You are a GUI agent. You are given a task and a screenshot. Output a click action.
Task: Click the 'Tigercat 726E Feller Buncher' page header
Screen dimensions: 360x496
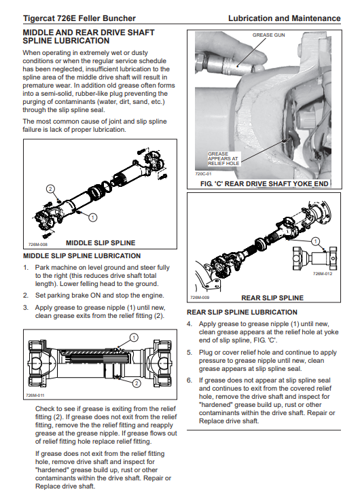pyautogui.click(x=79, y=18)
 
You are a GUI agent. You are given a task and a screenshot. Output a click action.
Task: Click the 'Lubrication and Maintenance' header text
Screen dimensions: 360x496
pyautogui.click(x=285, y=18)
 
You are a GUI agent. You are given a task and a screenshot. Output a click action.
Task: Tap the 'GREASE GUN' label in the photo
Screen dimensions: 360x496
pyautogui.click(x=268, y=35)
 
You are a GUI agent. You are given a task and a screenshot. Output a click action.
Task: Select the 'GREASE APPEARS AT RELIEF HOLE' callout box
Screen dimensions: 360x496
pyautogui.click(x=223, y=158)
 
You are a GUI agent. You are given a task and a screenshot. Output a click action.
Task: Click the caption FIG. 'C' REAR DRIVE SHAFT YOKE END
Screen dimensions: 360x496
pyautogui.click(x=264, y=183)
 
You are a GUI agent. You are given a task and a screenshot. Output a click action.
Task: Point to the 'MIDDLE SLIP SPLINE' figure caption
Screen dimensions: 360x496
pyautogui.click(x=101, y=243)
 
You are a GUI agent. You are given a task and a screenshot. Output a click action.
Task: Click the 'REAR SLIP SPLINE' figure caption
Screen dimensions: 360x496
pyautogui.click(x=272, y=298)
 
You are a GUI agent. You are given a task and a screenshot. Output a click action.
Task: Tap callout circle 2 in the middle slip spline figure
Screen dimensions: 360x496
pyautogui.click(x=50, y=189)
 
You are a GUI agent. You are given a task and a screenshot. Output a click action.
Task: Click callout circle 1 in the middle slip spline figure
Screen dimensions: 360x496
pyautogui.click(x=92, y=217)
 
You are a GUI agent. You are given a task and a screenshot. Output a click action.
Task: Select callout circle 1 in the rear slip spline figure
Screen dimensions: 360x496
pyautogui.click(x=315, y=242)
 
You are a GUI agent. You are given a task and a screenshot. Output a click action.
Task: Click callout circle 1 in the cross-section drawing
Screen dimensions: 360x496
pyautogui.click(x=134, y=338)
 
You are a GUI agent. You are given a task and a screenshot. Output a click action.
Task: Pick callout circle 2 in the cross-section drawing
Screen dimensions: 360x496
pyautogui.click(x=137, y=384)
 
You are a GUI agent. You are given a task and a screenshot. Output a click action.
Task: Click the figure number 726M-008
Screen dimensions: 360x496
pyautogui.click(x=37, y=245)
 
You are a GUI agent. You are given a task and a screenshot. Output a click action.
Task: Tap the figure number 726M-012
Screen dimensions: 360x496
pyautogui.click(x=323, y=274)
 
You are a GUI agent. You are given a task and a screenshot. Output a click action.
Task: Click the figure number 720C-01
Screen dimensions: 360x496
pyautogui.click(x=203, y=174)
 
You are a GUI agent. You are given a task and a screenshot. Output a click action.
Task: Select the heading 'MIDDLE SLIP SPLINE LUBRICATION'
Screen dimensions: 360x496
pyautogui.click(x=82, y=256)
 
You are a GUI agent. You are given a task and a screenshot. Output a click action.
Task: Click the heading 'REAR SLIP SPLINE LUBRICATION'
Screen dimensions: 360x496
pyautogui.click(x=242, y=313)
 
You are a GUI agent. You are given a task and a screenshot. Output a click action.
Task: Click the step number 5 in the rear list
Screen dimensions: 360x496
pyautogui.click(x=190, y=353)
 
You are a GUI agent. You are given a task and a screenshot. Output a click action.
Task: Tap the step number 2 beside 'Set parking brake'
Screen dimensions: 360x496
pyautogui.click(x=26, y=296)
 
